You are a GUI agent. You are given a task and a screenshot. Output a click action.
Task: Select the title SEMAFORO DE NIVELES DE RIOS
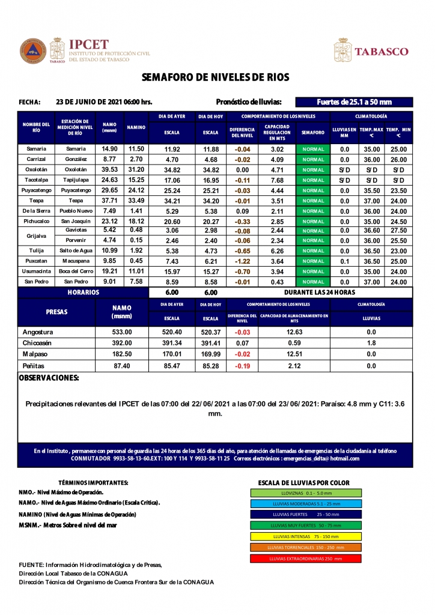(x=216, y=77)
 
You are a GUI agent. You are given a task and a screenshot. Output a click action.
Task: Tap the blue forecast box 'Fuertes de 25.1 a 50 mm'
(x=354, y=102)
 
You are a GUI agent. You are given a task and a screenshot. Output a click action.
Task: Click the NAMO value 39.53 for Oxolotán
(x=109, y=170)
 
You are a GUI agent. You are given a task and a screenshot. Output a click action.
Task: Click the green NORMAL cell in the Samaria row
(x=313, y=150)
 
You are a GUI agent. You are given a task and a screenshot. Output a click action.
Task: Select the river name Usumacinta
(x=37, y=271)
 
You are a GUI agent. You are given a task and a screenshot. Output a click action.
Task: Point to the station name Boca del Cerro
(x=76, y=271)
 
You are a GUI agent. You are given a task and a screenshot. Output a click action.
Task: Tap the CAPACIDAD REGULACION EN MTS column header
(x=277, y=132)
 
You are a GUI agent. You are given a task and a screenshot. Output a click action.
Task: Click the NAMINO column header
(x=136, y=127)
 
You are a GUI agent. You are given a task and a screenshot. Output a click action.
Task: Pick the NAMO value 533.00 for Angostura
(x=122, y=332)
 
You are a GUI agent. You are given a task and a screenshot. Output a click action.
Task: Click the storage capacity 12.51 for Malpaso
(x=294, y=354)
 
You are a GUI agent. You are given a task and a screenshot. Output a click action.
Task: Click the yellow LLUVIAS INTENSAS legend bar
(x=305, y=536)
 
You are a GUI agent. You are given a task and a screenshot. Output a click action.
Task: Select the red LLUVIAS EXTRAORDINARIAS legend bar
(x=305, y=559)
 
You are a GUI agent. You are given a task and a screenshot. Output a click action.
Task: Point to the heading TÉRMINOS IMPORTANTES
(x=93, y=483)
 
